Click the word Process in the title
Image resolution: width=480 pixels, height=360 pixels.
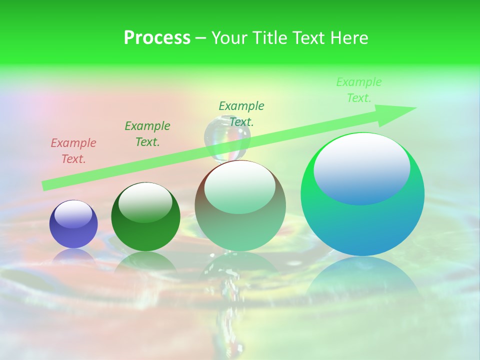pyautogui.click(x=157, y=38)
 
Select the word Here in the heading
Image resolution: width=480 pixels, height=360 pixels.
pyautogui.click(x=349, y=38)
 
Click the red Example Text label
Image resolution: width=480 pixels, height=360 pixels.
pyautogui.click(x=73, y=151)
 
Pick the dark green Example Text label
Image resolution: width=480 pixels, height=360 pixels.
pyautogui.click(x=147, y=134)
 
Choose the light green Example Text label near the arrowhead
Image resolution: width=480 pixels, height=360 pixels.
pyautogui.click(x=358, y=90)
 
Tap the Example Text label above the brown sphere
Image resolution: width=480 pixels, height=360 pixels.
pyautogui.click(x=241, y=113)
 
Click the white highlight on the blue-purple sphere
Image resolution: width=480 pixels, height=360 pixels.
pyautogui.click(x=73, y=214)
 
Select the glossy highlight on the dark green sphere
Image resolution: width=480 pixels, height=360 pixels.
pyautogui.click(x=145, y=202)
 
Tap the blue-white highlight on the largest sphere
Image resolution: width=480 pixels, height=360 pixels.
pyautogui.click(x=362, y=168)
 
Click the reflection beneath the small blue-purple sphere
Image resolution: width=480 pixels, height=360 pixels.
pyautogui.click(x=73, y=256)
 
